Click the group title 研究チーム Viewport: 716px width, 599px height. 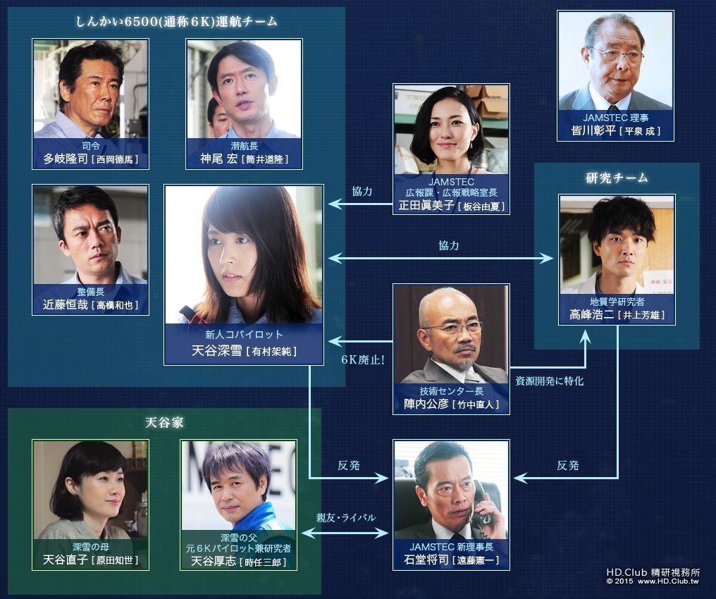pos(617,178)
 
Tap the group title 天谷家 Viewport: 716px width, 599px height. pos(164,423)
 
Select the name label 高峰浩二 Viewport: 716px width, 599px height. pos(593,315)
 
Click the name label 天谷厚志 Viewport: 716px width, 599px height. pos(214,561)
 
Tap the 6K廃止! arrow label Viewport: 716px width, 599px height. pos(362,359)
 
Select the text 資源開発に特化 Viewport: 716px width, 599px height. pos(550,381)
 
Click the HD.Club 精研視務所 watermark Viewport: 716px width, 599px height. pos(652,572)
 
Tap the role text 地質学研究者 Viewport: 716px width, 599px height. pos(617,302)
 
